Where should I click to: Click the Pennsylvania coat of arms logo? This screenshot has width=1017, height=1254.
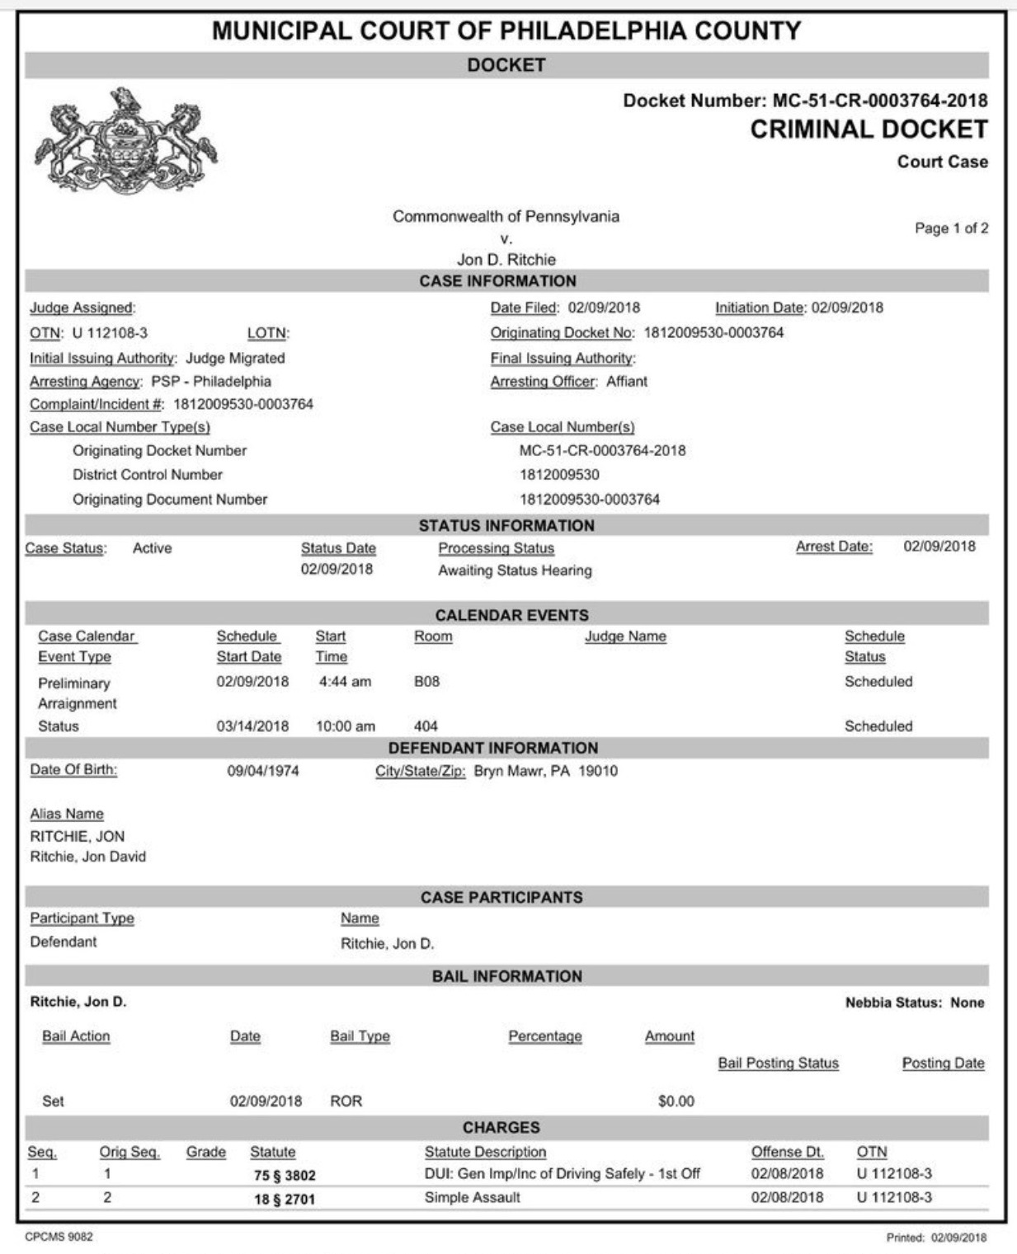tap(125, 140)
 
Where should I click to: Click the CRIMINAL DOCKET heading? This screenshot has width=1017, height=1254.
tap(869, 129)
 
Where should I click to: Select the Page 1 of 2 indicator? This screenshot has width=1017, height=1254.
tap(951, 228)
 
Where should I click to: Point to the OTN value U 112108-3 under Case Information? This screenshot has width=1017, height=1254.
tap(110, 333)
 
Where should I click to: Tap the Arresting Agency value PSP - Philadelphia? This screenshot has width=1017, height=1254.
tap(211, 382)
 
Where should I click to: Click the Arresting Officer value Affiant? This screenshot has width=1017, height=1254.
tap(627, 382)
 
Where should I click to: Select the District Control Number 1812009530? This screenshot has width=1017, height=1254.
tap(559, 475)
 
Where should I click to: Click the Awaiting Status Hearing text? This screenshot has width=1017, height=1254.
tap(515, 571)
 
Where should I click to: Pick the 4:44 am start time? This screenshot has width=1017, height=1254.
tap(345, 682)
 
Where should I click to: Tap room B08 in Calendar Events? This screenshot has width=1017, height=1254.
tap(426, 682)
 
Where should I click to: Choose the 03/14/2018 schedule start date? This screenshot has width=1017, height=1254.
tap(252, 726)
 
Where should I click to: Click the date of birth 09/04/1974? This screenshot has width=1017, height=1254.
tap(263, 772)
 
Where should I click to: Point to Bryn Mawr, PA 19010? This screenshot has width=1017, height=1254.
tap(545, 772)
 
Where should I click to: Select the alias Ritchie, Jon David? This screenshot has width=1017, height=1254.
tap(88, 857)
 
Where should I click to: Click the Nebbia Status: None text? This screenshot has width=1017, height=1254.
tap(915, 1003)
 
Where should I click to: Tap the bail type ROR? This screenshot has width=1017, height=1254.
tap(346, 1101)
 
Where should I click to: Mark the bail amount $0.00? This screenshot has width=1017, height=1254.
tap(676, 1101)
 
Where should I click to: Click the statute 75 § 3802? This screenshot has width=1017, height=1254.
tap(285, 1176)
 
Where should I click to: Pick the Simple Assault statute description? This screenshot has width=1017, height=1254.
tap(472, 1198)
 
